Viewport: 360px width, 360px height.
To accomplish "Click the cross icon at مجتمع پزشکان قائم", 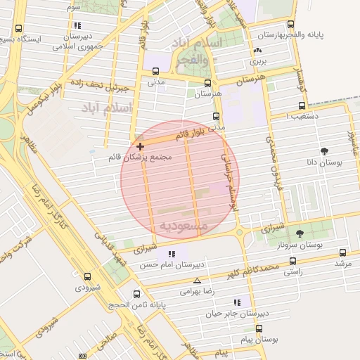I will tap(141, 147).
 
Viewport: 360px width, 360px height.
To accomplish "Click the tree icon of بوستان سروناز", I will tap(300, 233).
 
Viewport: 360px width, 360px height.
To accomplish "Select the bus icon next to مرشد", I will tap(342, 252).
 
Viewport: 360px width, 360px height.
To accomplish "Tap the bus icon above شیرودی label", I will tap(87, 276).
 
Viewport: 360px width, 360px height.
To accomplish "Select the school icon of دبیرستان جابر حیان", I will tap(237, 302).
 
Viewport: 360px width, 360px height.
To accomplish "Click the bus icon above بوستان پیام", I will tap(259, 328).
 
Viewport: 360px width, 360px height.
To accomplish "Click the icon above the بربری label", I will tap(257, 51).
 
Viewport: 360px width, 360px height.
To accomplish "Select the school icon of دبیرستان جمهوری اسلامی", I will tap(77, 25).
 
